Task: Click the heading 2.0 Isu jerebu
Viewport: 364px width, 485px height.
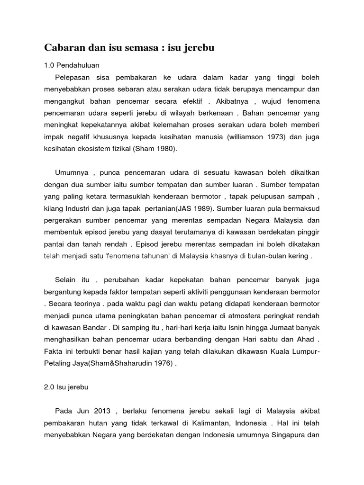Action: (66, 386)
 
